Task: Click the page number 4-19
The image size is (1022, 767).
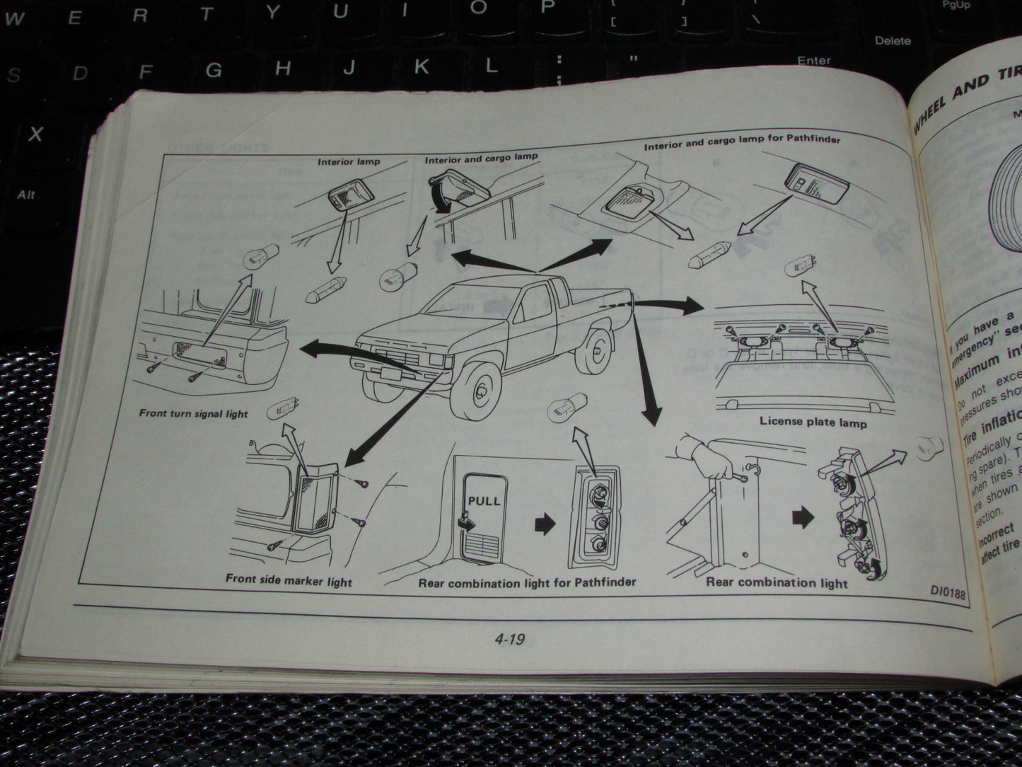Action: tap(509, 640)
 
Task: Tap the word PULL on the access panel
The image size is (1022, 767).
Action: tap(484, 500)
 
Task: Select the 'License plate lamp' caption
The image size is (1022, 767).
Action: tap(813, 421)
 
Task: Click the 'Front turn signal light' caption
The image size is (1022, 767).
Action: tap(193, 413)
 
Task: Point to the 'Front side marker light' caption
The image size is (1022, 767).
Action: tap(289, 580)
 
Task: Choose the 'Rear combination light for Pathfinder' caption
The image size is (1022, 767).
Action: tap(527, 582)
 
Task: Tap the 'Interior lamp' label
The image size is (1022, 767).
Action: tap(349, 161)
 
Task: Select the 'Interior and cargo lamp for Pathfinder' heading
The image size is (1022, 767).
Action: tap(742, 142)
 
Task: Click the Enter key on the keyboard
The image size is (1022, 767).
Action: tap(813, 61)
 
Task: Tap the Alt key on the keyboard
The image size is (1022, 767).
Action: tap(26, 195)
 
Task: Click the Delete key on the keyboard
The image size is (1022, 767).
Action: tap(893, 40)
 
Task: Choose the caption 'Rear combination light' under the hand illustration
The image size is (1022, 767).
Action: tap(776, 582)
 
